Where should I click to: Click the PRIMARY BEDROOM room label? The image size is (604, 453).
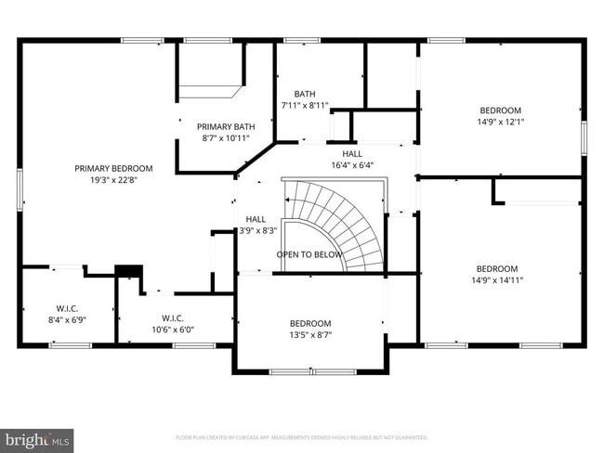click(113, 168)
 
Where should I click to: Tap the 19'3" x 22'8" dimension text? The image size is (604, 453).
click(113, 181)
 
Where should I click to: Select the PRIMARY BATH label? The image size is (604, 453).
click(226, 126)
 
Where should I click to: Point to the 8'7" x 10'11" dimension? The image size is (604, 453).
click(226, 138)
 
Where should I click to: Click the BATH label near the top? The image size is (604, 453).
click(305, 94)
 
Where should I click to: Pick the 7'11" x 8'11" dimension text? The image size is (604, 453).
click(305, 106)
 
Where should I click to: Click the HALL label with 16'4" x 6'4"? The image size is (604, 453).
click(352, 153)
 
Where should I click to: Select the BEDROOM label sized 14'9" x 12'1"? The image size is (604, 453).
click(500, 110)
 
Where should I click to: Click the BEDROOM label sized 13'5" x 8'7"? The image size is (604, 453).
click(309, 323)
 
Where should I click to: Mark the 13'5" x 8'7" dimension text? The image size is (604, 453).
click(309, 335)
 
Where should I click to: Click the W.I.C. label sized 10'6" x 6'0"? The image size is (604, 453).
click(173, 317)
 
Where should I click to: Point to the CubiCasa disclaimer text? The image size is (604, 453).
click(302, 437)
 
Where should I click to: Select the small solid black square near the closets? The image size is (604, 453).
click(126, 271)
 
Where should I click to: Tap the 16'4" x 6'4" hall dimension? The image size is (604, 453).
click(352, 165)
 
